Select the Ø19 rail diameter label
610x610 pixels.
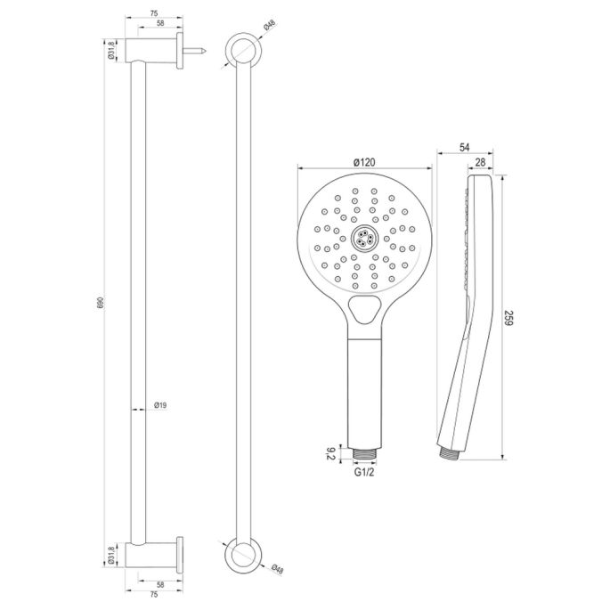160,406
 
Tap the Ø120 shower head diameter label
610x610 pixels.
363,160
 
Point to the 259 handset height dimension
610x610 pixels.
509,319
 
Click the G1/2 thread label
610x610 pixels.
363,475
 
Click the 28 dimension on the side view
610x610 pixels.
481,161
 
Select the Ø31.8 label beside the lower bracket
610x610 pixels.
111,557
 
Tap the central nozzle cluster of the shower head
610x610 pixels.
363,237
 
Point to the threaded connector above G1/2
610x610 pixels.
363,454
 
